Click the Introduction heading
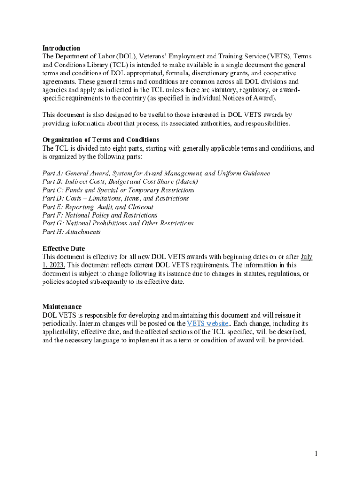(x=61, y=48)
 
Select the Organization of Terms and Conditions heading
(x=101, y=140)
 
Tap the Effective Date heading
(x=64, y=248)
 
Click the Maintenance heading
(x=62, y=306)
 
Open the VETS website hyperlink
(x=207, y=324)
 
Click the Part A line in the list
(x=156, y=174)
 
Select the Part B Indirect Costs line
(x=120, y=182)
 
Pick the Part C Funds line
(x=118, y=190)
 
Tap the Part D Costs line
(x=115, y=198)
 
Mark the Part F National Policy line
(x=100, y=215)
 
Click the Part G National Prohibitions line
(x=117, y=223)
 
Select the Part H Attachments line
(x=71, y=232)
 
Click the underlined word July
(x=307, y=257)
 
